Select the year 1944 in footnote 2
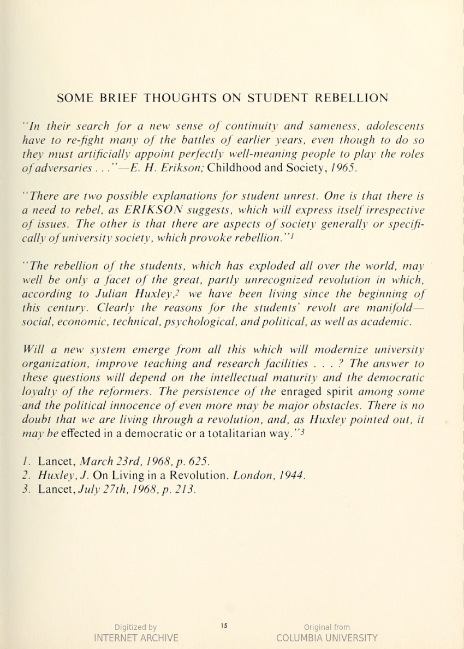[x=292, y=476]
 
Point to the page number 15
[x=224, y=626]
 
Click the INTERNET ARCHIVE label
[x=136, y=638]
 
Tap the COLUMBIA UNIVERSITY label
[x=326, y=638]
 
